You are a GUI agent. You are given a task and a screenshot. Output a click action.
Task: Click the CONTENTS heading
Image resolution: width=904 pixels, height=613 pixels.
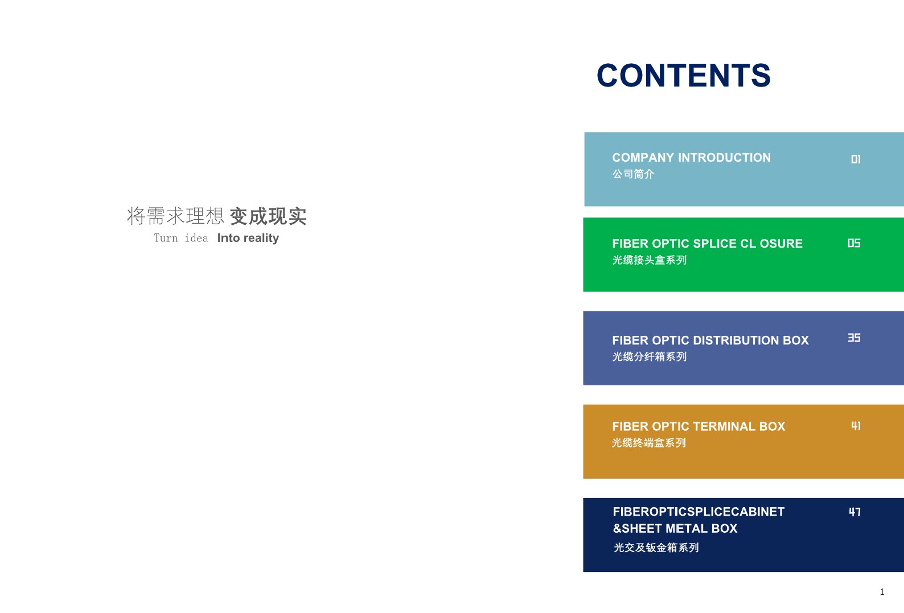click(x=684, y=76)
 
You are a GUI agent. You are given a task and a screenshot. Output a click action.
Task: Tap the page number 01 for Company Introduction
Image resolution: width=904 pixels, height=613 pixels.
click(x=856, y=159)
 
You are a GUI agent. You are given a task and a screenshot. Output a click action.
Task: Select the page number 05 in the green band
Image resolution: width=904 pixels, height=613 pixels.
click(x=854, y=243)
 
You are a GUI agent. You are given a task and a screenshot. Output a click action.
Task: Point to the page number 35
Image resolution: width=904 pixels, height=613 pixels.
click(x=854, y=338)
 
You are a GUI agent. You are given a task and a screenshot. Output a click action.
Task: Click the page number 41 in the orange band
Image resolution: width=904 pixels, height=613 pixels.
click(x=856, y=426)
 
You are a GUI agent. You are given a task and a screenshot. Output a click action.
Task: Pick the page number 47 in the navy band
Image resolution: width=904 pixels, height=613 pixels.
click(x=855, y=512)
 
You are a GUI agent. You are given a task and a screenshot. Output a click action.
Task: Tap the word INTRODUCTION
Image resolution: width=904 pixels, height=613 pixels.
click(x=725, y=158)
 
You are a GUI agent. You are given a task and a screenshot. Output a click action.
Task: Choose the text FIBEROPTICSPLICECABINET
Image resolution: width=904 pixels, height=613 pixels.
click(x=698, y=512)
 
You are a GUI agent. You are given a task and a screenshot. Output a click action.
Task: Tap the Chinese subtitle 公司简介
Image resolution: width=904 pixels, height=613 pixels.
click(x=633, y=174)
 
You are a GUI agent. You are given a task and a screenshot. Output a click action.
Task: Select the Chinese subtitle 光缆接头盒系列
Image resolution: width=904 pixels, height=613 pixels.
click(x=650, y=260)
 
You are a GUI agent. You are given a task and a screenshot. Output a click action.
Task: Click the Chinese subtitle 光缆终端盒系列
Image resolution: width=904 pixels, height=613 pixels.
click(x=649, y=443)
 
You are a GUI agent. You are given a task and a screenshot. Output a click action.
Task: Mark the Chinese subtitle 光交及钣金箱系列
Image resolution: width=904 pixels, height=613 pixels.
click(x=656, y=548)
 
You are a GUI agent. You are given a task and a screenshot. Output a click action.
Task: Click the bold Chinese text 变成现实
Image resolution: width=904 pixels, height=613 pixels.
click(x=268, y=216)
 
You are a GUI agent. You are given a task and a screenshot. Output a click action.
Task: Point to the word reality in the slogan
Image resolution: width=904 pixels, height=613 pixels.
click(x=261, y=238)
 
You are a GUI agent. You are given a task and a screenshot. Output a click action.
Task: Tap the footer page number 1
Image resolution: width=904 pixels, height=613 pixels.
click(x=882, y=592)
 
